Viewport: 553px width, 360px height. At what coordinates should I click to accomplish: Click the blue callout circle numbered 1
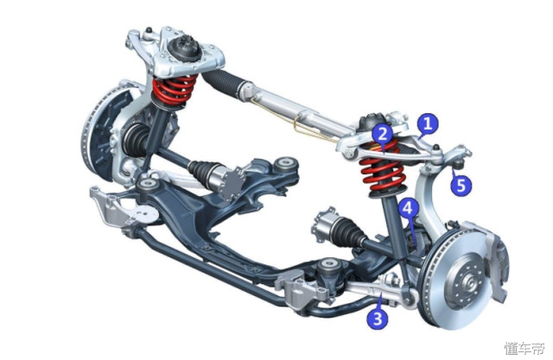(x=428, y=123)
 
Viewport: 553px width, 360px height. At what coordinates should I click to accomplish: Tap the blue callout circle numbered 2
(x=383, y=134)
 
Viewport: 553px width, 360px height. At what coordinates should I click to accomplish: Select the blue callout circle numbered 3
(x=378, y=318)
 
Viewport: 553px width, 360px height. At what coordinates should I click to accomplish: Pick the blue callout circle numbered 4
(x=408, y=209)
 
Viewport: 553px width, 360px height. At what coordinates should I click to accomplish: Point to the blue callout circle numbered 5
(x=461, y=185)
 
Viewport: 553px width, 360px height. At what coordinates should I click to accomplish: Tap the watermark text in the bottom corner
(x=524, y=348)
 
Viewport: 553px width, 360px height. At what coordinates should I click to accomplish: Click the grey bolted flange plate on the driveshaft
(x=231, y=184)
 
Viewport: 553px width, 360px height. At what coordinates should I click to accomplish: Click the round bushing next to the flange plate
(x=285, y=164)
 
